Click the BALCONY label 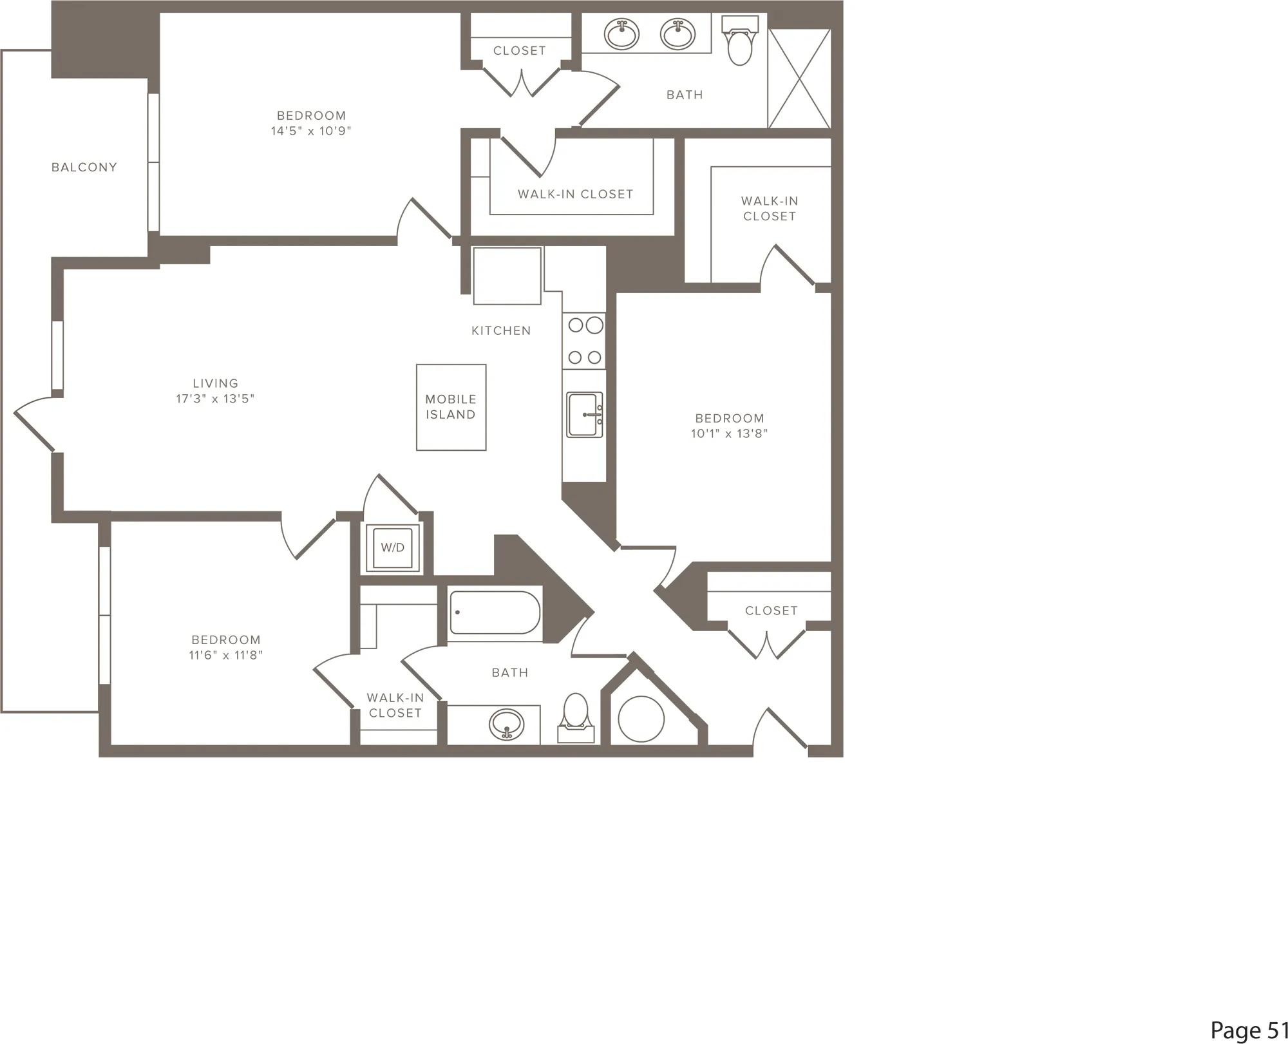tap(84, 167)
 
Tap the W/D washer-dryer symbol tap(393, 548)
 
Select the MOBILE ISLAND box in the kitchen tap(451, 407)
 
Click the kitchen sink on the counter tap(585, 415)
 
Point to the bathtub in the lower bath tap(495, 612)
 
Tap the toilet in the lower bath tap(576, 717)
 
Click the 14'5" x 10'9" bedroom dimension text tap(311, 131)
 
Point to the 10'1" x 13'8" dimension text tap(730, 434)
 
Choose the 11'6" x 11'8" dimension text tap(225, 656)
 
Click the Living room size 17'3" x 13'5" tap(215, 399)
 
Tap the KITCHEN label tap(501, 331)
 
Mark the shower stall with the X tap(799, 78)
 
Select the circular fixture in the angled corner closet tap(641, 719)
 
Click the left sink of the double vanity tap(621, 34)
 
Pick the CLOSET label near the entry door tap(772, 611)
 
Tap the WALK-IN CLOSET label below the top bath tap(576, 194)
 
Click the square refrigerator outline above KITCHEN tap(507, 276)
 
